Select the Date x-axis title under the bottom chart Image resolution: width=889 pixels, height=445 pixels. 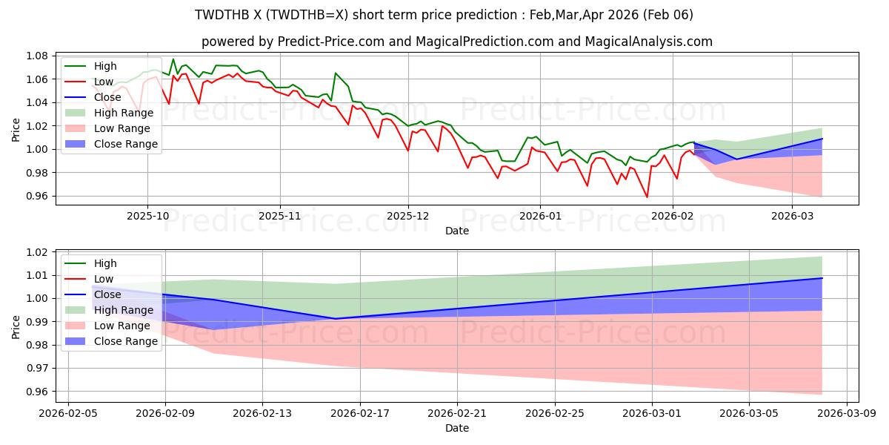pos(457,428)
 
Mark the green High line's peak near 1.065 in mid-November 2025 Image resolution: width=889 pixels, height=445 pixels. pos(336,73)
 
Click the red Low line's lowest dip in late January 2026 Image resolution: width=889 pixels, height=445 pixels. pos(647,197)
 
